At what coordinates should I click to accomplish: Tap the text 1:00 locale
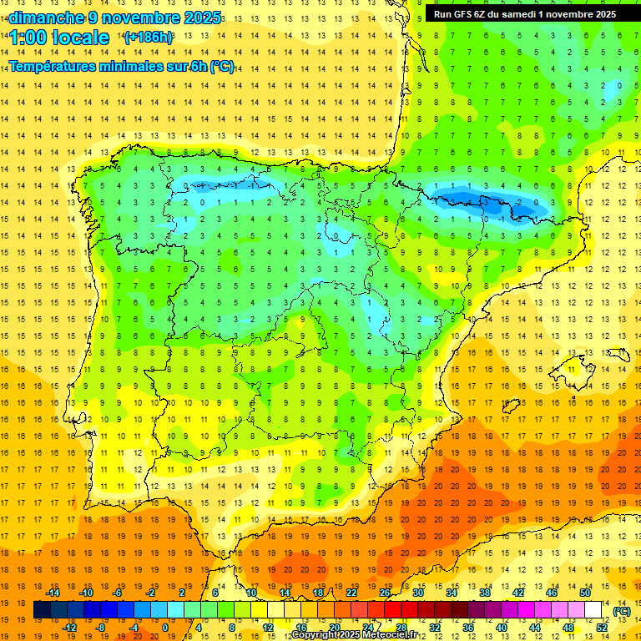(60, 38)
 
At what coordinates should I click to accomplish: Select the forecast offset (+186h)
(149, 38)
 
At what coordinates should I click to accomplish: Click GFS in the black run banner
(467, 14)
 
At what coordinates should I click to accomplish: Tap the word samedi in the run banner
(517, 14)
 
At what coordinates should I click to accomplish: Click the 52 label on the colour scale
(602, 627)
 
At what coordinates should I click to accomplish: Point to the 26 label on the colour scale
(385, 592)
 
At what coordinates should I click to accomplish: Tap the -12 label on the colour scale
(69, 627)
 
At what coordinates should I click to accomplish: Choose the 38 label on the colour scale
(485, 592)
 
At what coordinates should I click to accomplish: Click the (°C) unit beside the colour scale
(621, 610)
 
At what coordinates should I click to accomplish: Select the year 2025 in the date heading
(202, 18)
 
